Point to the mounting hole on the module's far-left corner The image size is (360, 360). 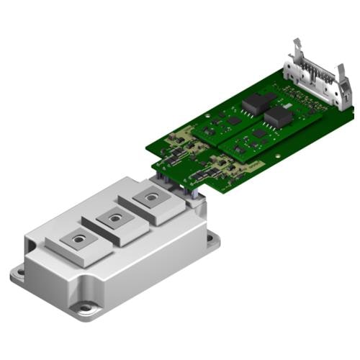19,272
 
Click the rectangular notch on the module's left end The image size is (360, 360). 31,253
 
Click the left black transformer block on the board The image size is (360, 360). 254,104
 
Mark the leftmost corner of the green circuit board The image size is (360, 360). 146,149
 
